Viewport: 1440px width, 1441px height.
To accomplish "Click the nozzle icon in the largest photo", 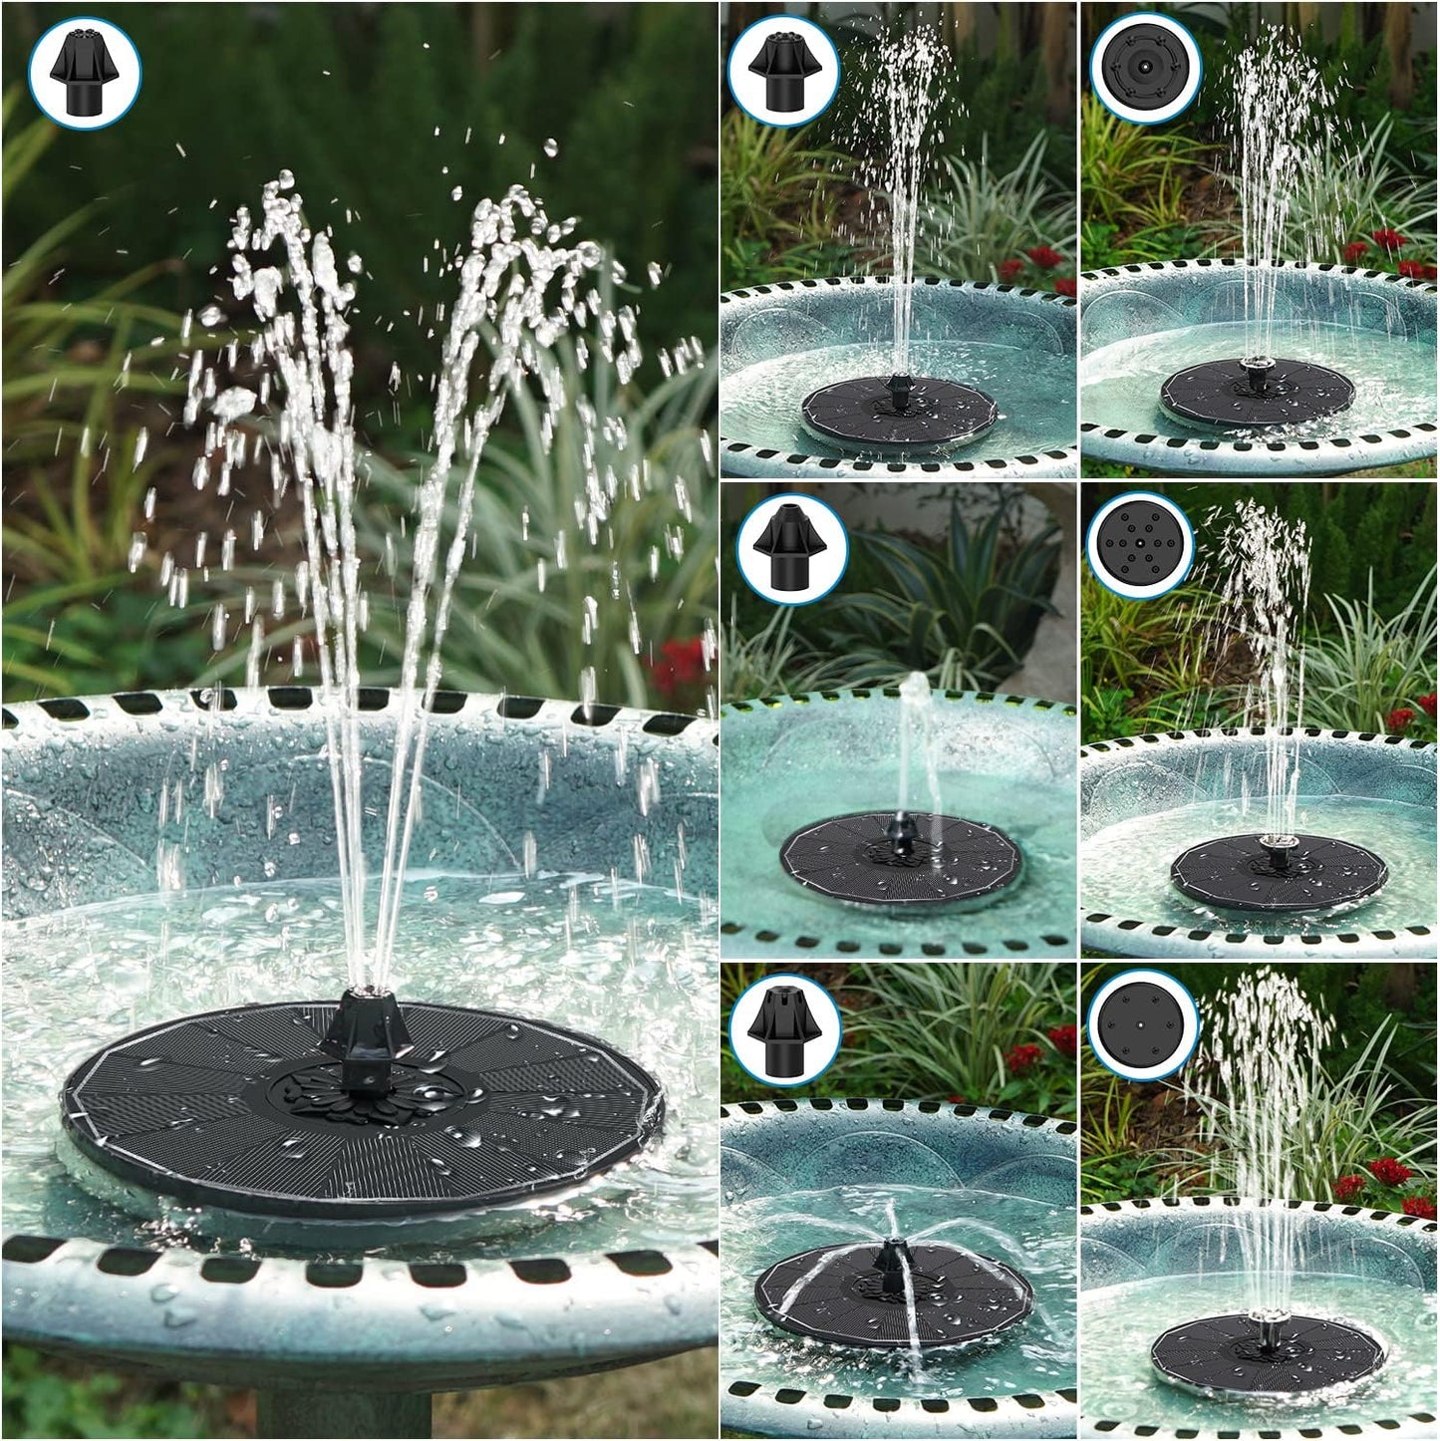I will (85, 73).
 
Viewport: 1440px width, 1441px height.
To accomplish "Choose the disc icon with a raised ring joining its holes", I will (1145, 68).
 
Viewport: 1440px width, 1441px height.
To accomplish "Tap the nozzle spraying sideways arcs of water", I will (886, 1258).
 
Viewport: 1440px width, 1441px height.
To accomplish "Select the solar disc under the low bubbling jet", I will (900, 858).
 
